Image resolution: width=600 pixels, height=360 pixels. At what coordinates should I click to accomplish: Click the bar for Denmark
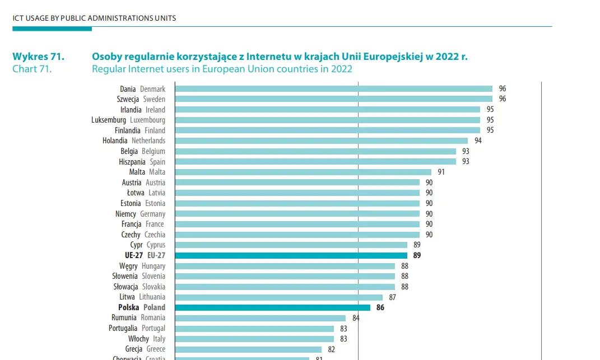tap(333, 88)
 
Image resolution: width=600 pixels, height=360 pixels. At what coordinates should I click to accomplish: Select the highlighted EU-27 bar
tap(291, 255)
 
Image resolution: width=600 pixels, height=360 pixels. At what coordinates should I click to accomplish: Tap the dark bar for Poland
tap(272, 307)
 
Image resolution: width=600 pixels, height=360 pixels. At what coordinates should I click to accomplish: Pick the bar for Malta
tap(303, 172)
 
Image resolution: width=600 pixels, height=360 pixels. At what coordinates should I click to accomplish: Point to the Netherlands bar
tap(321, 141)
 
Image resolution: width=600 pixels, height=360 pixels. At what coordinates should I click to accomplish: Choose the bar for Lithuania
tap(278, 297)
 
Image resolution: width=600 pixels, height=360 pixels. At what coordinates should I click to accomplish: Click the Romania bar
tap(260, 318)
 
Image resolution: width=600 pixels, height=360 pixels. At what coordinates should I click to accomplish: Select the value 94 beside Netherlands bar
tap(478, 141)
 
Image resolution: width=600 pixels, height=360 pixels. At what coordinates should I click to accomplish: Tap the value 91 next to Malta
tap(441, 172)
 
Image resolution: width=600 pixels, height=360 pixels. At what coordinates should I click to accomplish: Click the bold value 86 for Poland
tap(380, 307)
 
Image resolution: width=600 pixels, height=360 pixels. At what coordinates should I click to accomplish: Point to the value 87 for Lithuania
tap(392, 297)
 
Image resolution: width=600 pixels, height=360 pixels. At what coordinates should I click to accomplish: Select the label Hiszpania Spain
tap(142, 162)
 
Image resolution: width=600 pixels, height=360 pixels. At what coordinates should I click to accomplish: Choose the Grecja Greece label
tap(145, 349)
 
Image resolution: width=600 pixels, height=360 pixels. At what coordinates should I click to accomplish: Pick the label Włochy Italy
tap(147, 339)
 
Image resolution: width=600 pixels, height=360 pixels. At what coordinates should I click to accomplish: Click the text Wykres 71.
tap(38, 57)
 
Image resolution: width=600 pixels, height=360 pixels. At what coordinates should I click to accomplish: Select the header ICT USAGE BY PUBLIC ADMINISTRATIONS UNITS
tap(94, 18)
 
